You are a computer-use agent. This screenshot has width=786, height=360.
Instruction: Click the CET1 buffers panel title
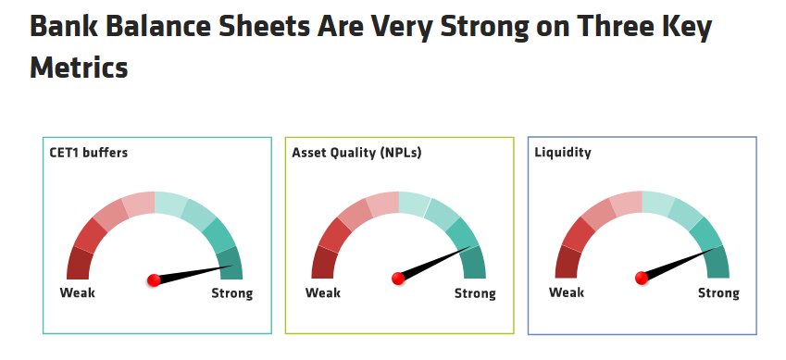tap(88, 153)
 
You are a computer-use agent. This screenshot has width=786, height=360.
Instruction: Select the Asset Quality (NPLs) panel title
tap(356, 153)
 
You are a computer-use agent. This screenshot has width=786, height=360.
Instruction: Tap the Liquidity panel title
tap(563, 153)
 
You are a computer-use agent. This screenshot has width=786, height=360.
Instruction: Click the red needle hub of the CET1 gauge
tap(154, 280)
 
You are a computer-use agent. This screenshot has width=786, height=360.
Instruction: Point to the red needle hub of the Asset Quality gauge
tap(398, 279)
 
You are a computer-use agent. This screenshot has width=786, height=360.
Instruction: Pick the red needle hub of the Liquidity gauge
tap(642, 278)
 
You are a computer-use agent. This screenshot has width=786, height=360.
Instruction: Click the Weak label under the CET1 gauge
tap(77, 292)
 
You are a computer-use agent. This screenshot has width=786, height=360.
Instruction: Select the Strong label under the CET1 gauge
tap(232, 293)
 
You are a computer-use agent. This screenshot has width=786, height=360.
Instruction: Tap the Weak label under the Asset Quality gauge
tap(323, 292)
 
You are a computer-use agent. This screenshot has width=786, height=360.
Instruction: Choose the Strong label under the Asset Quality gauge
tap(475, 293)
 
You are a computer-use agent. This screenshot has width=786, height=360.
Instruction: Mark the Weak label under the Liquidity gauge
tap(567, 292)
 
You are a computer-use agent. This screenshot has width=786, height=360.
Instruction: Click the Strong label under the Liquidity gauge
tap(718, 292)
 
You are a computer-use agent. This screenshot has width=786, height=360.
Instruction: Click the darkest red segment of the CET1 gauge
tap(80, 263)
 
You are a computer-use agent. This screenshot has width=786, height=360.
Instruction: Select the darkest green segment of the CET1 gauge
tap(231, 263)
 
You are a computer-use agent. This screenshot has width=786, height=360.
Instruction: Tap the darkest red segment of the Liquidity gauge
tap(568, 262)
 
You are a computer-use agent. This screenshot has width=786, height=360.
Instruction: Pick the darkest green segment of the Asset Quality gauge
tap(474, 262)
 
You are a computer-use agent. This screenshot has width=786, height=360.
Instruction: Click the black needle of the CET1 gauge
tap(193, 273)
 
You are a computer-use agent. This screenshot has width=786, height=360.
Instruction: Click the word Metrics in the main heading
tap(80, 68)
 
